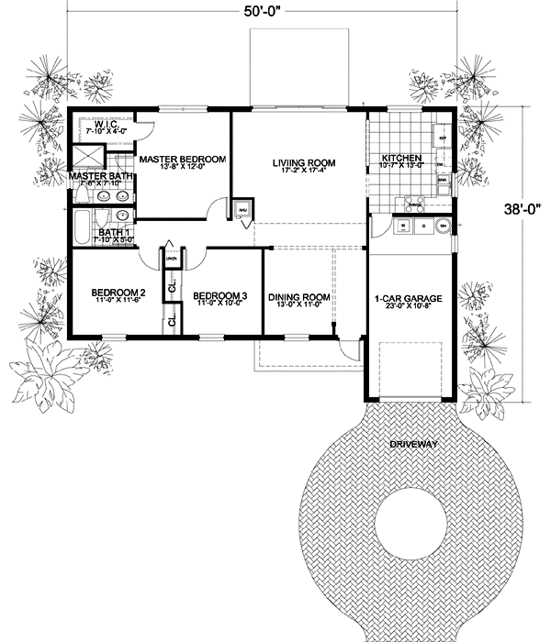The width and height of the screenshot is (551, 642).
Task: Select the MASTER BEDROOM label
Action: tap(182, 160)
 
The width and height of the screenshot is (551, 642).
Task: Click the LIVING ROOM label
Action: tap(304, 163)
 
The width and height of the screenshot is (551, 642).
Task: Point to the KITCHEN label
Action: tap(401, 158)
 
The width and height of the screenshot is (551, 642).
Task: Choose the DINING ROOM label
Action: tap(298, 297)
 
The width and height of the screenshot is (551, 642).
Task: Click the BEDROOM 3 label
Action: tap(219, 295)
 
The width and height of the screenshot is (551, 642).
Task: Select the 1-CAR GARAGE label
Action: tap(409, 299)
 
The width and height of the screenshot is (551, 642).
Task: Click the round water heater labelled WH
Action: tap(444, 226)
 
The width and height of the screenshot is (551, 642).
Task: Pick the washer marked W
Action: tap(401, 225)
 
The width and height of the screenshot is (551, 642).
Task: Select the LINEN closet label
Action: tap(172, 258)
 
